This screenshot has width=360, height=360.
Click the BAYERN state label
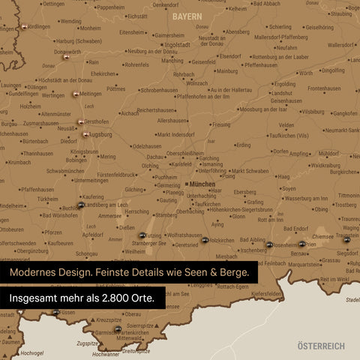187,16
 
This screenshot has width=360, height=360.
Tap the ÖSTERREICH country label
320,346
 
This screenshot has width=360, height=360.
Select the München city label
202,184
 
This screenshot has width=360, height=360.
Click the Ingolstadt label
178,44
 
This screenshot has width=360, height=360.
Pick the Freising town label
221,124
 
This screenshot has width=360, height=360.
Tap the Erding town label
243,145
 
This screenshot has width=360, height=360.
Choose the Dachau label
156,157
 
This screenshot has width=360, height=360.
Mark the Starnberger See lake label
139,243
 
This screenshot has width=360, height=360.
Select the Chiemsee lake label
322,235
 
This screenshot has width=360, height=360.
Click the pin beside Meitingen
75,94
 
